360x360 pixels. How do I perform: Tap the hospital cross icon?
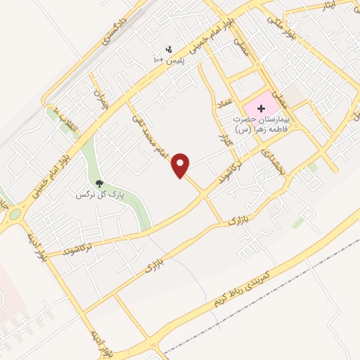262,108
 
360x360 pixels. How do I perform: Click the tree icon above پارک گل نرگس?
98,184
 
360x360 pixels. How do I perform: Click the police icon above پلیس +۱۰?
169,50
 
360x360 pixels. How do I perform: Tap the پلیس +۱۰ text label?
168,60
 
